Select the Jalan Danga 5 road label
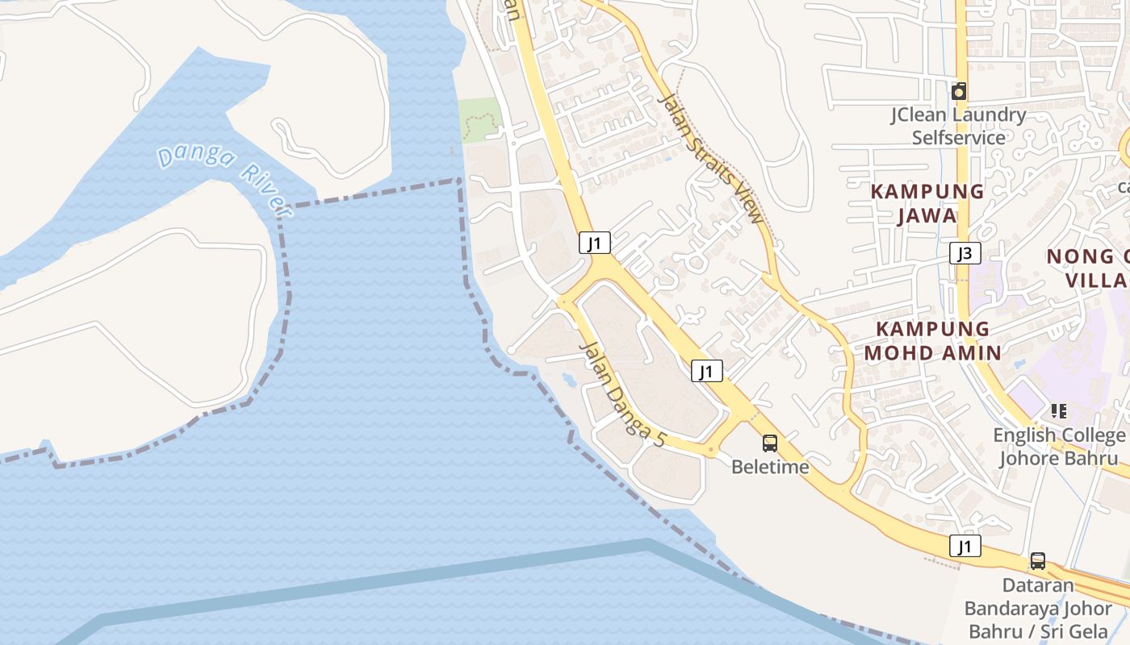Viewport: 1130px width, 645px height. click(x=624, y=394)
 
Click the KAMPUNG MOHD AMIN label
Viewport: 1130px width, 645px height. click(x=932, y=340)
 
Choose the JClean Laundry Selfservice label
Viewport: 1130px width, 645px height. click(x=958, y=126)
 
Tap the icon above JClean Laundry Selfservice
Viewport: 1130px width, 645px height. click(x=959, y=91)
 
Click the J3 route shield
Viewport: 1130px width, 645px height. click(x=965, y=253)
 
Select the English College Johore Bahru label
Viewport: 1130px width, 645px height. click(x=1059, y=447)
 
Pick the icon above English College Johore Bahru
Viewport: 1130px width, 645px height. click(x=1059, y=411)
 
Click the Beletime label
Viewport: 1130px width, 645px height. click(x=769, y=467)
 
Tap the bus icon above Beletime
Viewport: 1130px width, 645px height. click(x=770, y=443)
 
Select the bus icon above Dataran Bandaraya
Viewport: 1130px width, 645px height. click(x=1038, y=560)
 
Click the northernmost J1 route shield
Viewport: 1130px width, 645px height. click(x=595, y=243)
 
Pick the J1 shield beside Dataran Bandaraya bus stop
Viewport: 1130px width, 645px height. click(x=965, y=546)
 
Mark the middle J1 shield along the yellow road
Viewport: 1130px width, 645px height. click(x=706, y=371)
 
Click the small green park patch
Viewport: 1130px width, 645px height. click(x=480, y=120)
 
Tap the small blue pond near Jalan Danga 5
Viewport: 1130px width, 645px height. click(x=568, y=377)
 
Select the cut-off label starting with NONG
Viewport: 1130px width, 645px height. click(x=1090, y=268)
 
